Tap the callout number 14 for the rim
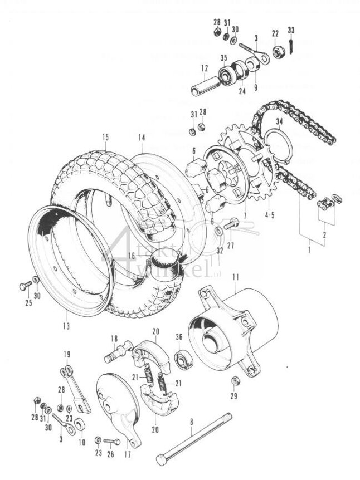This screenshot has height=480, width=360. (x=142, y=137)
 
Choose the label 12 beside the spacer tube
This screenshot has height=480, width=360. (x=205, y=70)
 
